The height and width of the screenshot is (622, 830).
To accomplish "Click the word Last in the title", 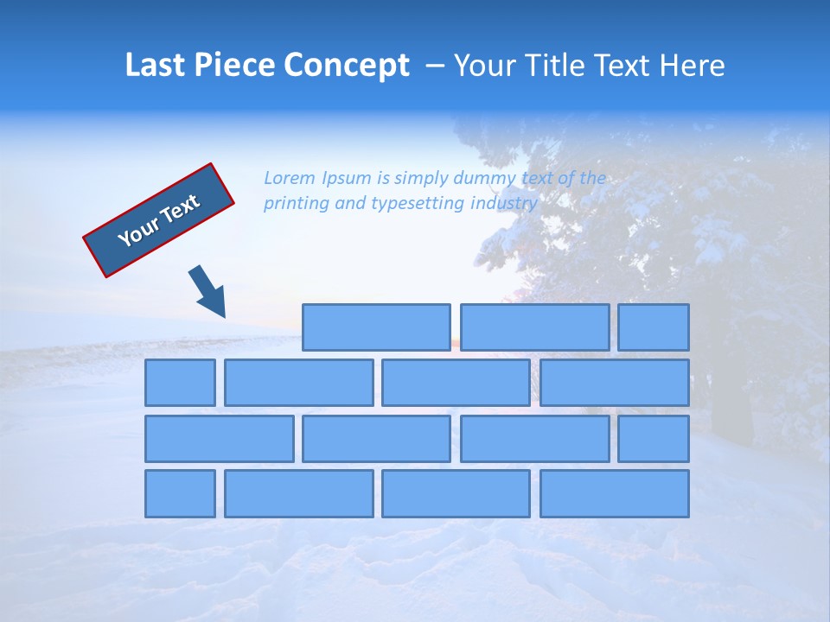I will (156, 66).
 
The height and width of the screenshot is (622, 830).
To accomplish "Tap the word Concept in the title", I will (347, 66).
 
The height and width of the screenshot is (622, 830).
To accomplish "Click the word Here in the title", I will (692, 66).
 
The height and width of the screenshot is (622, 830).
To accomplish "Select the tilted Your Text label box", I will (159, 220).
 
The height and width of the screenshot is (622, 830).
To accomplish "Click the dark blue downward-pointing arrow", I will (207, 292).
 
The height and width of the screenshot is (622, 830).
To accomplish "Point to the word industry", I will (504, 204).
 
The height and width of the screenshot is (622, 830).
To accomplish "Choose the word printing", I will (295, 204).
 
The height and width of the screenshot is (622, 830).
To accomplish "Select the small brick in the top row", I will (653, 327).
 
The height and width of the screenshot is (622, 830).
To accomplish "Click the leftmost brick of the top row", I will (376, 327).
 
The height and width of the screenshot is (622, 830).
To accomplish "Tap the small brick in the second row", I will (180, 383).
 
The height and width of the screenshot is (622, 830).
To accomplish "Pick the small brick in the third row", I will (653, 438).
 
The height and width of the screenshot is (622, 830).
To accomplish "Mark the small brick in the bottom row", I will (180, 493).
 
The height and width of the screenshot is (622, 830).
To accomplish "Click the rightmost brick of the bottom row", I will (614, 493).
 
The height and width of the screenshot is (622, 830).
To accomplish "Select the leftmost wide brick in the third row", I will (219, 438).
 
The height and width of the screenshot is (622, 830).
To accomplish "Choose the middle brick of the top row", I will (534, 327).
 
